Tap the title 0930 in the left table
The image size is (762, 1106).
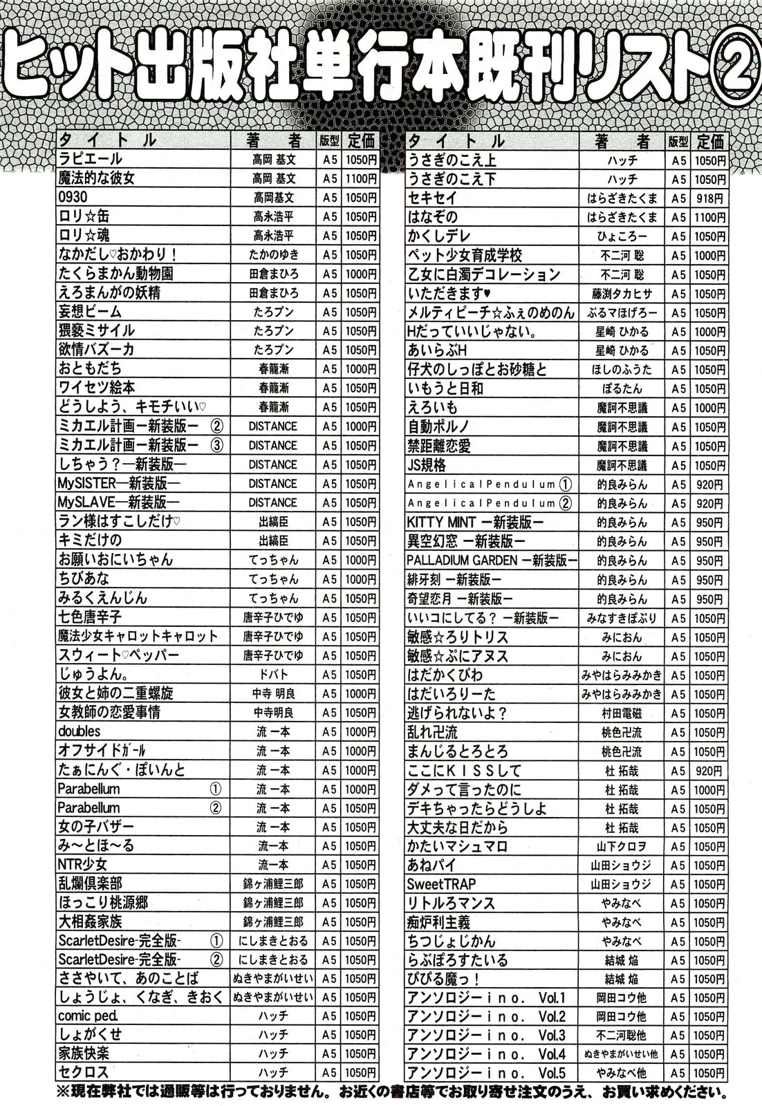pos(73,198)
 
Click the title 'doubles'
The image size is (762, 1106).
pos(79,731)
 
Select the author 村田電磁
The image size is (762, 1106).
pos(622,713)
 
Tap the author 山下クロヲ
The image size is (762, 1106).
pos(622,846)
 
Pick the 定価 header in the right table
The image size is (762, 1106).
pos(710,141)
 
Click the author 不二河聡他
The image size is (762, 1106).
pos(622,1035)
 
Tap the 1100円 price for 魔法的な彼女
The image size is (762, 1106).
pos(362,178)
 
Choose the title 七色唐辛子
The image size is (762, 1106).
pos(91,617)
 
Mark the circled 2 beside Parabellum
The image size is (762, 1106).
pos(215,807)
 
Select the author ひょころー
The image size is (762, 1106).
pos(622,236)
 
